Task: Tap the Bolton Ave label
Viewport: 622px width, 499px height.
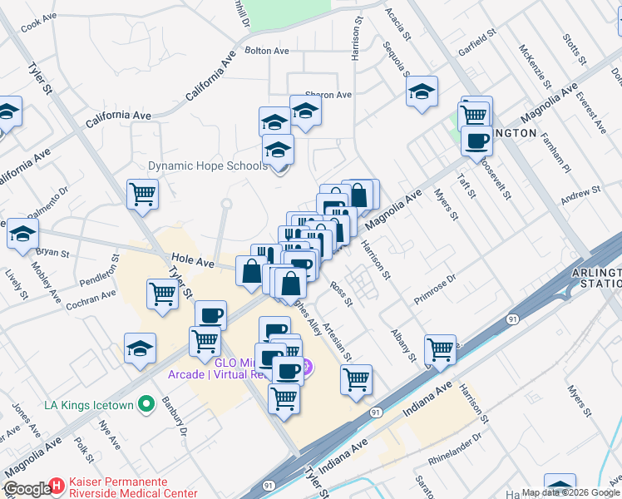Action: pos(267,51)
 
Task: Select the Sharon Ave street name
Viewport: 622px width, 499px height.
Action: pos(328,95)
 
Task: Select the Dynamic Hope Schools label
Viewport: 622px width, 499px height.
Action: pos(207,166)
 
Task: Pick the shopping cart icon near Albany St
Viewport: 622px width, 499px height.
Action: pos(439,349)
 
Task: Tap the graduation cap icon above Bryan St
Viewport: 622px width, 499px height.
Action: pos(22,233)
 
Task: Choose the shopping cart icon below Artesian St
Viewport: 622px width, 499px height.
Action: pos(356,379)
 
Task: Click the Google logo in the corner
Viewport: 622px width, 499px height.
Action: pos(27,489)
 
